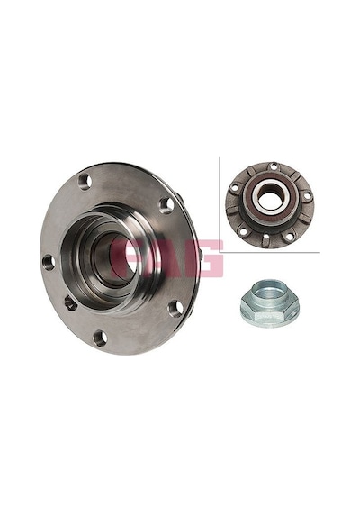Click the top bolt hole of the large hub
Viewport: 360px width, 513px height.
tap(85, 182)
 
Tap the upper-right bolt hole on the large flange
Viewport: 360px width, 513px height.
tap(166, 205)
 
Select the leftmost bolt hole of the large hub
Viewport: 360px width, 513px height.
tap(49, 262)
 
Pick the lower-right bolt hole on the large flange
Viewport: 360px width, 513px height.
tap(175, 309)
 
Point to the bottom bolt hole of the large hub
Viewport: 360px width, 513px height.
tap(100, 338)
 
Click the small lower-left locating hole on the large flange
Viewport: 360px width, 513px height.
tap(71, 303)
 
